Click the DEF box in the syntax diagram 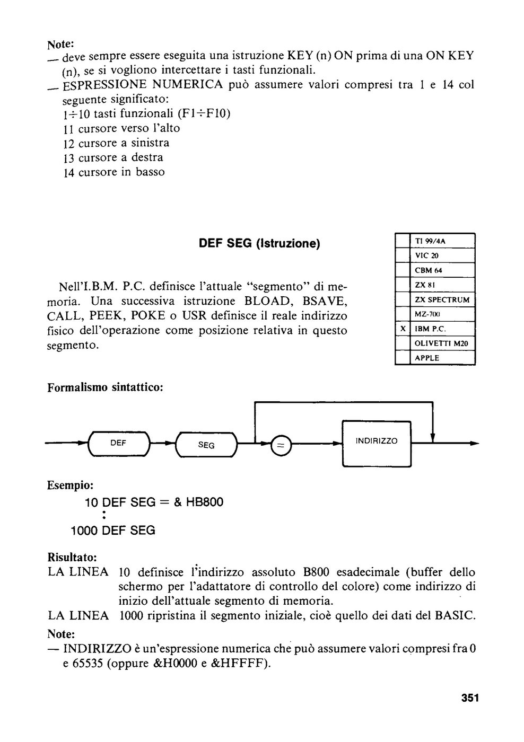point(119,444)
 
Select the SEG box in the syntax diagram point(206,445)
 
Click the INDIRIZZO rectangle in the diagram point(377,444)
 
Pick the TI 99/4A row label point(430,241)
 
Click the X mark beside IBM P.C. point(403,329)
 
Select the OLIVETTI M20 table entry point(441,343)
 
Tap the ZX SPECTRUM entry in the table point(442,300)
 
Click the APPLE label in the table point(427,358)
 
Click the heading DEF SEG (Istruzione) point(259,244)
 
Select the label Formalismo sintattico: point(106,387)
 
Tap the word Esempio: point(70,485)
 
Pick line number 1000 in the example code point(84,531)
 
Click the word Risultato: point(72,558)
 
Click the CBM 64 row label point(428,270)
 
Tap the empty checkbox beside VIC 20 point(403,255)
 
